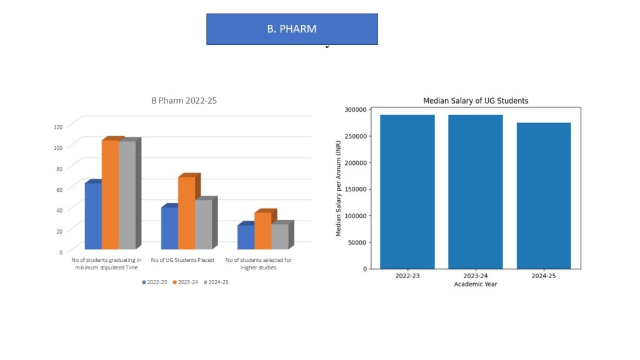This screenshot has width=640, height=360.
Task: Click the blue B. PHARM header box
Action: point(292,29)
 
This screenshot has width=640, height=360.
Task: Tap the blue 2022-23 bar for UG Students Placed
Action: point(169,228)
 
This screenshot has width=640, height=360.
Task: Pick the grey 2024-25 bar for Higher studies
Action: point(279,236)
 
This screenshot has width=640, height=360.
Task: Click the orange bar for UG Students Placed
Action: point(186,212)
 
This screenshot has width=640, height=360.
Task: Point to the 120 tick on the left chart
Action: point(58,127)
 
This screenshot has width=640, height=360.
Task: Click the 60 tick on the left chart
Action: point(60,189)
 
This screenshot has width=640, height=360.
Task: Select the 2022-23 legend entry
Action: point(154,282)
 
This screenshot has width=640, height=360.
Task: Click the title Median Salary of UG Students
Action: point(476,101)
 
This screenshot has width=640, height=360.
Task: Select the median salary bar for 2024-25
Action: point(544,196)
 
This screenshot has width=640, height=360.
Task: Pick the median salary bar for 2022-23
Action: point(407,192)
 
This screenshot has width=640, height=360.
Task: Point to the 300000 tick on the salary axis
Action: point(356,109)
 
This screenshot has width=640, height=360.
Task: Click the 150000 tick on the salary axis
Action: point(356,189)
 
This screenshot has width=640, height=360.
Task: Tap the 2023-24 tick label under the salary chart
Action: point(476,276)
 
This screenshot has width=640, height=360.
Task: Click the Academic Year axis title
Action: point(476,284)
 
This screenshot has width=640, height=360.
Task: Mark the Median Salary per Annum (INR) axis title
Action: point(339,189)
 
